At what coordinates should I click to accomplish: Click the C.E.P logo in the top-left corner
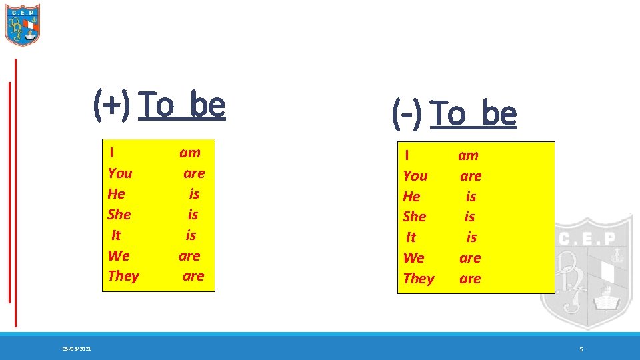[x=23, y=25]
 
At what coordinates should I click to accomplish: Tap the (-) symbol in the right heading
[x=407, y=114]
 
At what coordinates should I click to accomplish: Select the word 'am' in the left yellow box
[x=190, y=153]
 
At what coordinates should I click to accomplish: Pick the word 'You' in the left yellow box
[x=120, y=173]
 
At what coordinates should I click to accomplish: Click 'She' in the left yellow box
[x=119, y=215]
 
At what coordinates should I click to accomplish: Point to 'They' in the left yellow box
[x=123, y=276]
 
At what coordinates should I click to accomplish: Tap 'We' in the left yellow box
[x=119, y=256]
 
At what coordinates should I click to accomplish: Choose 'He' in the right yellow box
[x=412, y=197]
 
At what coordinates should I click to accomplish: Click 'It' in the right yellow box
[x=411, y=237]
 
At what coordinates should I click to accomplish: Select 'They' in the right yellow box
[x=419, y=279]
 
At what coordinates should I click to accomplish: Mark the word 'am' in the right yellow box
[x=468, y=155]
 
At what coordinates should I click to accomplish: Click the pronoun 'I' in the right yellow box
[x=407, y=155]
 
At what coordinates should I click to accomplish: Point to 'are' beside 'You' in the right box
[x=471, y=176]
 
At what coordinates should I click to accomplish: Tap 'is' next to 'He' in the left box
[x=194, y=194]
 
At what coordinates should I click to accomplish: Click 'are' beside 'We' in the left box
[x=189, y=256]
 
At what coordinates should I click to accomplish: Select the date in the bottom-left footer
[x=77, y=349]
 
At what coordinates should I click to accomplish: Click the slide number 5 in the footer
[x=581, y=349]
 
